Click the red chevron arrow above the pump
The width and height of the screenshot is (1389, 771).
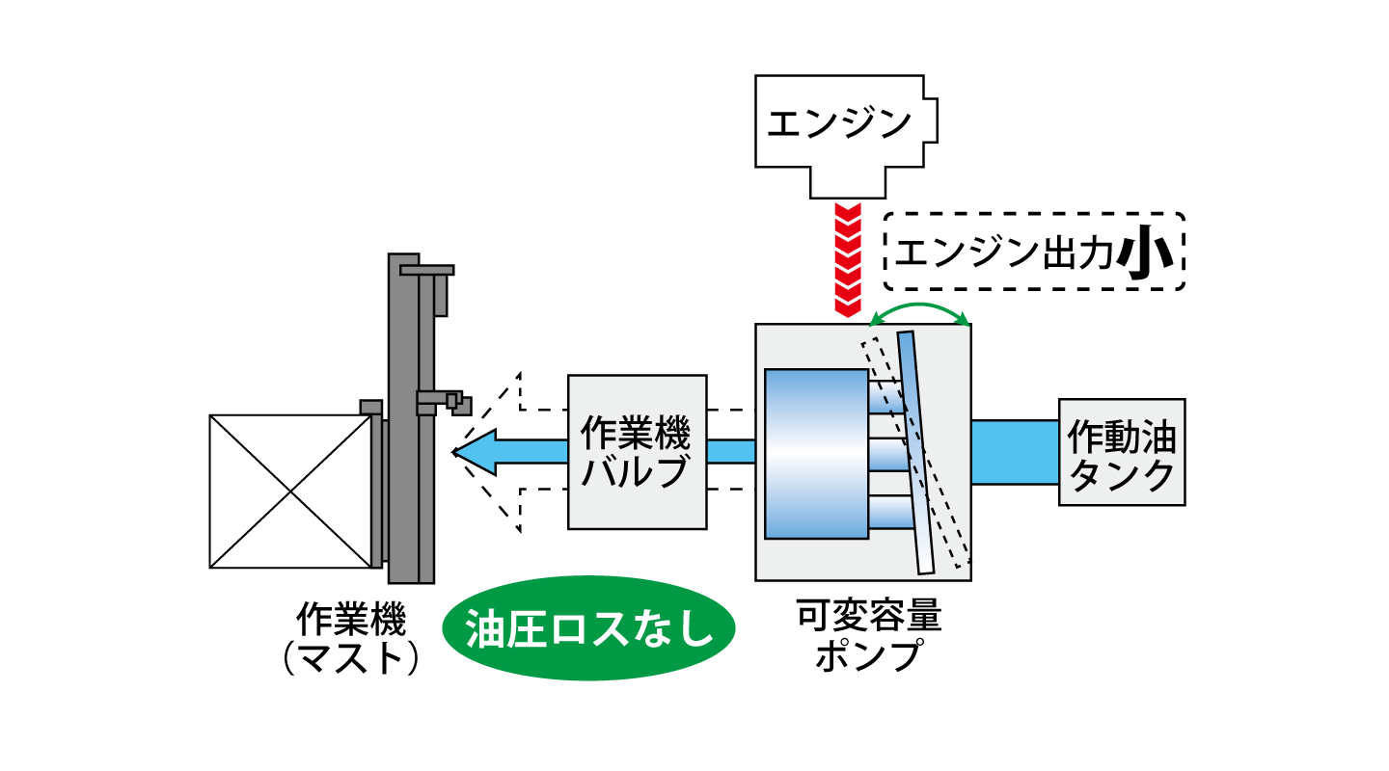pyautogui.click(x=847, y=258)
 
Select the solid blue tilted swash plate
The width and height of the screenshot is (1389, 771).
pyautogui.click(x=915, y=453)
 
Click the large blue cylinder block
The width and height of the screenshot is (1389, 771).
pyautogui.click(x=816, y=453)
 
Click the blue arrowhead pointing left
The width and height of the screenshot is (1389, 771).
pyautogui.click(x=477, y=452)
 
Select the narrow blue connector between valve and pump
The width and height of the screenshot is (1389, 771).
pyautogui.click(x=730, y=452)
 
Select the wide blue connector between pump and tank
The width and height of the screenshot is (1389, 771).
pyautogui.click(x=1015, y=452)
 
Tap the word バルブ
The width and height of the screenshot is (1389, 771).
pyautogui.click(x=636, y=473)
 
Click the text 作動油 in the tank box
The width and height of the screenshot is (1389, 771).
pyautogui.click(x=1122, y=436)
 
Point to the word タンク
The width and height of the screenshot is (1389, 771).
pyautogui.click(x=1122, y=475)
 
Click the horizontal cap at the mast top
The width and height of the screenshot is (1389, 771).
pyautogui.click(x=426, y=270)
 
